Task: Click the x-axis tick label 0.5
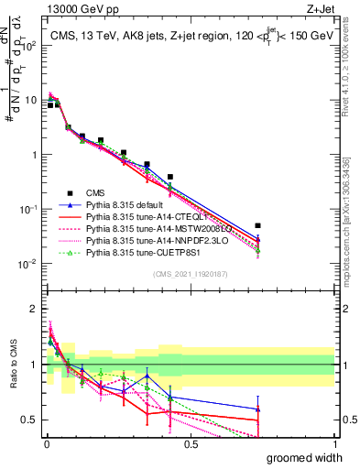[x=190, y=444]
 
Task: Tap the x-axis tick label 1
[x=334, y=444]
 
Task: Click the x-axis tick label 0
[x=46, y=444]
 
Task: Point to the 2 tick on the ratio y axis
[x=33, y=307]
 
